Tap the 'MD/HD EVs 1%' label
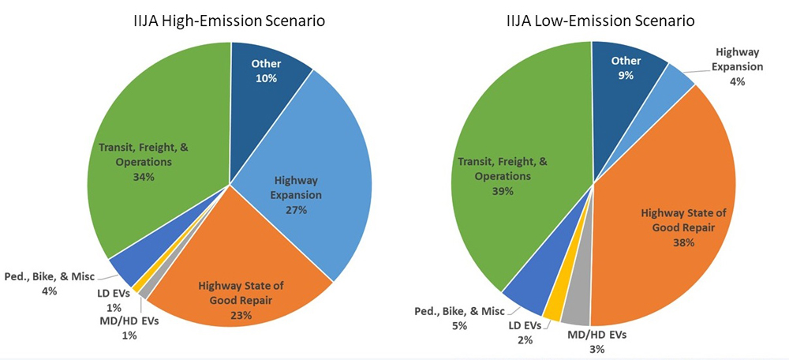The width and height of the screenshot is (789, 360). [129, 328]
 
